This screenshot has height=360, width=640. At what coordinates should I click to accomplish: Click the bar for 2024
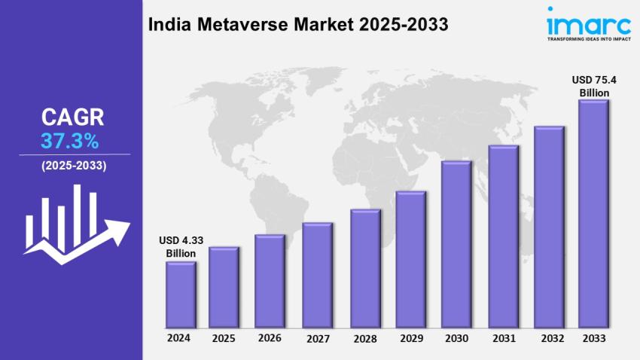click(181, 294)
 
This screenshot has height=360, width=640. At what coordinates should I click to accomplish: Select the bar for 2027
click(317, 275)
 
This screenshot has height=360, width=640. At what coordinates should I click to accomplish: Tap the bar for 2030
click(456, 244)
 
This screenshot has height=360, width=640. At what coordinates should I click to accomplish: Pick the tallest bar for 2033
click(593, 214)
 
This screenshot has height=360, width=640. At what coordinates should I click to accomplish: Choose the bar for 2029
click(411, 259)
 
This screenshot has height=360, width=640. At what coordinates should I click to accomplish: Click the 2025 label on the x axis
click(223, 338)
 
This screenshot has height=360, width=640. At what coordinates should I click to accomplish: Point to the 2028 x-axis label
click(364, 339)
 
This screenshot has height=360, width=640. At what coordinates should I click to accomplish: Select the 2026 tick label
click(270, 338)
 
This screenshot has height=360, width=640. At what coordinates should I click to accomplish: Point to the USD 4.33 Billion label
click(181, 247)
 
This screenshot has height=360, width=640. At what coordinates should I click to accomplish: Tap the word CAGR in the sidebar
click(72, 117)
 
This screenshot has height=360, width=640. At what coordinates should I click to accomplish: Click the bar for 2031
click(502, 236)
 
